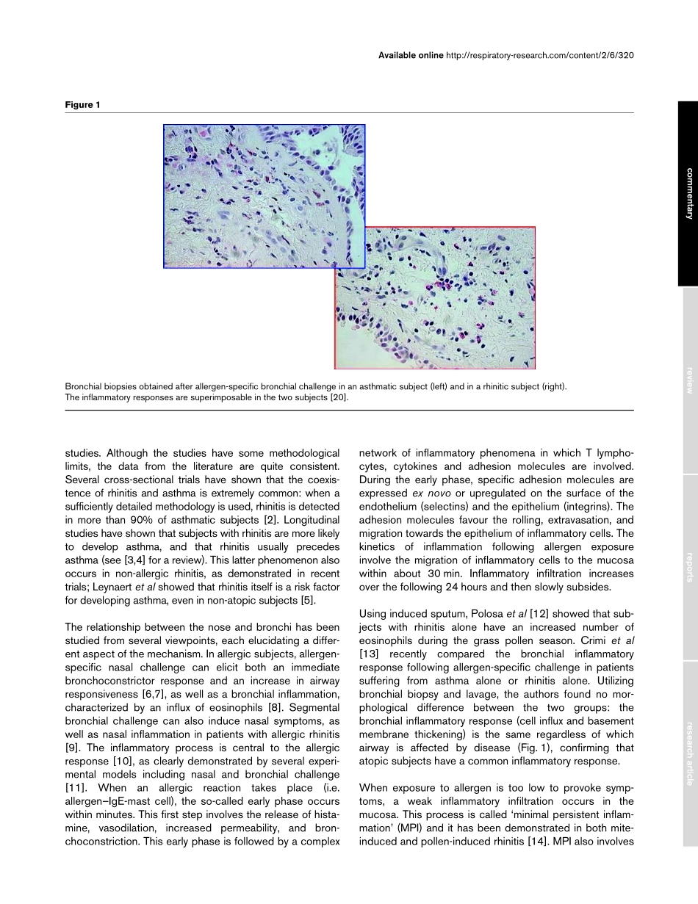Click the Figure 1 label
pyautogui.click(x=83, y=105)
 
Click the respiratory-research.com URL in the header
pyautogui.click(x=539, y=55)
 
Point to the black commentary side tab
pyautogui.click(x=688, y=193)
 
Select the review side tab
pyautogui.click(x=688, y=380)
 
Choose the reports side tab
pyautogui.click(x=688, y=567)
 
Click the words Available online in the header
pyautogui.click(x=411, y=55)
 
